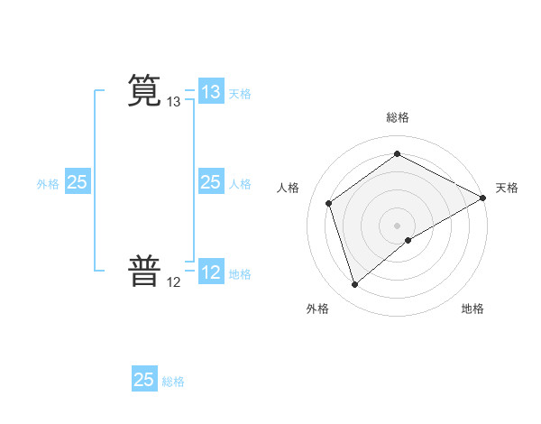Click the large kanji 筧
144,93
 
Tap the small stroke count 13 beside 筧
174,103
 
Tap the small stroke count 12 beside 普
174,282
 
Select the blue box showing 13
210,92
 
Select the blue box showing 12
210,272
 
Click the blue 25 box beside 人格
210,182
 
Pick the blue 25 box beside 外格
77,182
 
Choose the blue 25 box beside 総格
144,380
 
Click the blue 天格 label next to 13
240,94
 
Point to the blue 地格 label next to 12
240,274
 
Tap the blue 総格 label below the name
173,382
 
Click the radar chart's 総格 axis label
398,117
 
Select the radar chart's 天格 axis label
507,188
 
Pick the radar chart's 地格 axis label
472,309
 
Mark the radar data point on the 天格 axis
483,198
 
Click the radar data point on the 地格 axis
408,240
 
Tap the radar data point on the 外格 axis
354,285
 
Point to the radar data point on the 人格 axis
329,203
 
